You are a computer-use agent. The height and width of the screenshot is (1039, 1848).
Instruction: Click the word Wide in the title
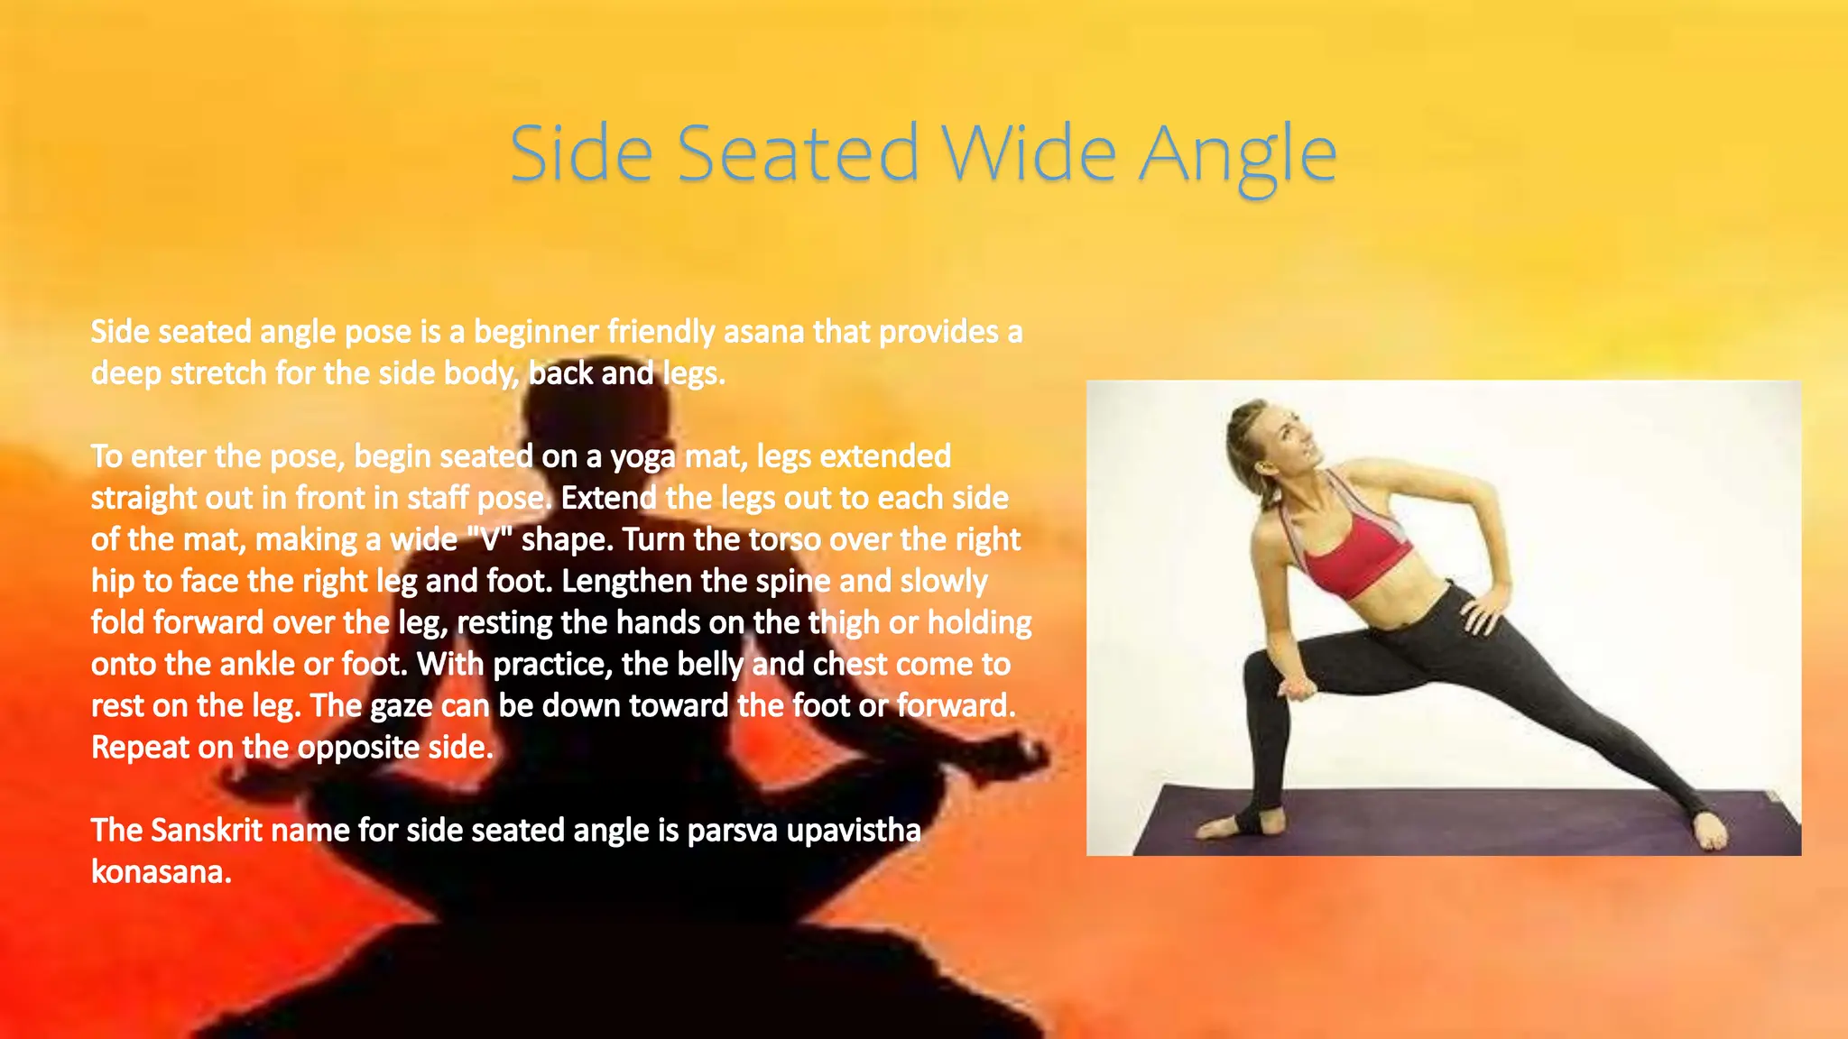(x=1030, y=153)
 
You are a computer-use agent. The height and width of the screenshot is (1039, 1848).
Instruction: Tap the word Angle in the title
(x=1237, y=155)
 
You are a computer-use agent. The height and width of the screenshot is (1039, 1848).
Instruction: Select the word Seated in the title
(x=798, y=153)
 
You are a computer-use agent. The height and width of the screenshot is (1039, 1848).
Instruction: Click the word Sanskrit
(x=207, y=830)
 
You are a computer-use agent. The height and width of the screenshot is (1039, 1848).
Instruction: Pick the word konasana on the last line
(x=161, y=871)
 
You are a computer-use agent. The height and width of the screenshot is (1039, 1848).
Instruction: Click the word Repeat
(x=140, y=748)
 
